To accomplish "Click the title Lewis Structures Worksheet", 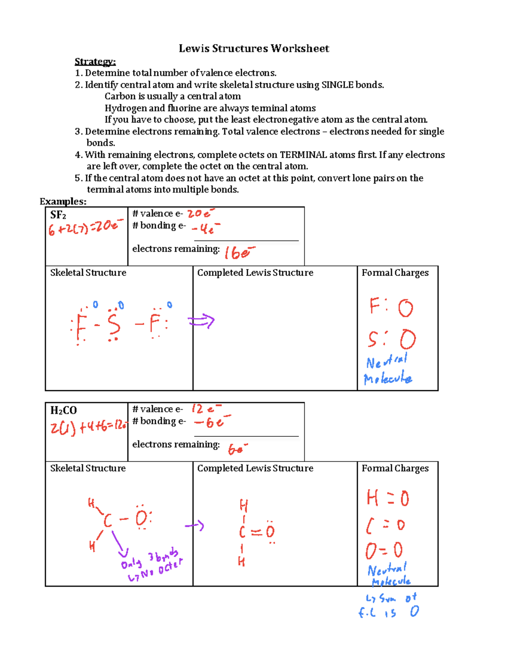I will [x=254, y=48].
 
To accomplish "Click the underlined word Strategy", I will [x=95, y=62].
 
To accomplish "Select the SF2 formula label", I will [x=58, y=215].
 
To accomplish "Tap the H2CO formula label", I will [x=63, y=410].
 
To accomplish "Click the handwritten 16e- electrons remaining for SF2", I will [x=240, y=253].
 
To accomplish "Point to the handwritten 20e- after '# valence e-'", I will [x=201, y=213].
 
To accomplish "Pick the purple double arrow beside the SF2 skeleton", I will [x=202, y=322].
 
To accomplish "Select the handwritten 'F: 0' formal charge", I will [x=391, y=307].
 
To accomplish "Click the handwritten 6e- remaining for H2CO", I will [x=237, y=449].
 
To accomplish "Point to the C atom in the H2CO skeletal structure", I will [x=108, y=520].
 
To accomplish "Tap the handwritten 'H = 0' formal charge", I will [x=388, y=498].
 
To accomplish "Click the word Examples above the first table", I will [x=63, y=202].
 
